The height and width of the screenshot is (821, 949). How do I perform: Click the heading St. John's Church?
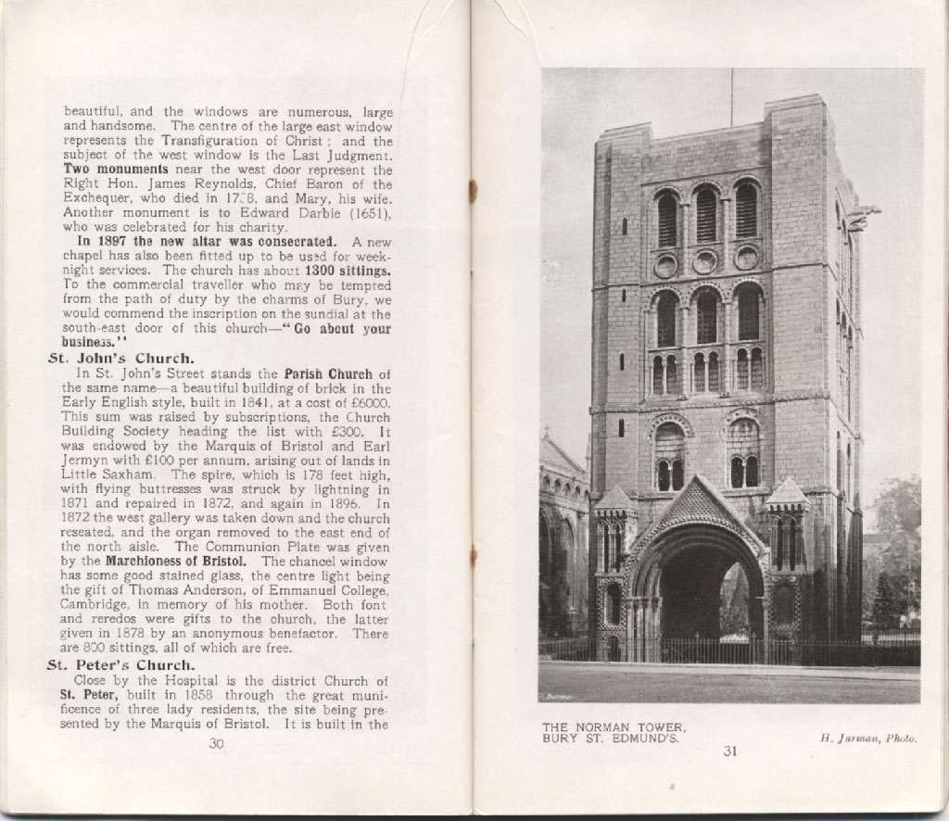pos(120,359)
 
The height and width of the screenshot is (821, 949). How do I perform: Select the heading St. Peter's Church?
pos(120,665)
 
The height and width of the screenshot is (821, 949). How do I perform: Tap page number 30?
pos(217,743)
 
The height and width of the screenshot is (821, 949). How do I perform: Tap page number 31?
pos(730,752)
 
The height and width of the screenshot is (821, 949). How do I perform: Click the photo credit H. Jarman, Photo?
pos(868,739)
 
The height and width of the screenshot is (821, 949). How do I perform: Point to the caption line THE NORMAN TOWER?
pos(614,726)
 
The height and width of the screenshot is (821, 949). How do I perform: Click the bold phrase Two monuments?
pos(116,171)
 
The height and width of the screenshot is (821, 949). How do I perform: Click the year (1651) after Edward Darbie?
pos(370,212)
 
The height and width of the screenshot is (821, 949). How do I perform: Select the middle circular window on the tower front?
pos(705,262)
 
